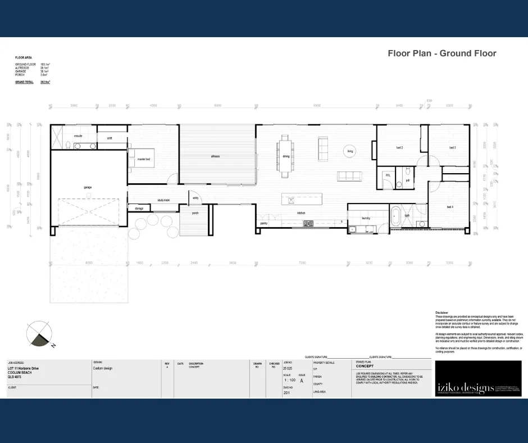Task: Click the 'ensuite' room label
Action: (x=78, y=135)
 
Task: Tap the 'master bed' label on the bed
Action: (x=144, y=159)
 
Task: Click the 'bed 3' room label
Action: (x=452, y=147)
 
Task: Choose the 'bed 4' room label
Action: (x=449, y=207)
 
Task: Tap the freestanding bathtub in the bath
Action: (x=395, y=217)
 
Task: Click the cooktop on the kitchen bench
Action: (x=308, y=223)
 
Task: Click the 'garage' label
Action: (x=88, y=187)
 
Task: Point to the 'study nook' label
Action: (x=163, y=200)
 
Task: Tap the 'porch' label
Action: (x=195, y=213)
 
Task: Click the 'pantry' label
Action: (x=263, y=223)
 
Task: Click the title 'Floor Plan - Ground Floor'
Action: (x=442, y=53)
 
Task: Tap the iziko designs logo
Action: (x=478, y=379)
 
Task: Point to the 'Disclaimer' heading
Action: (x=441, y=312)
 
